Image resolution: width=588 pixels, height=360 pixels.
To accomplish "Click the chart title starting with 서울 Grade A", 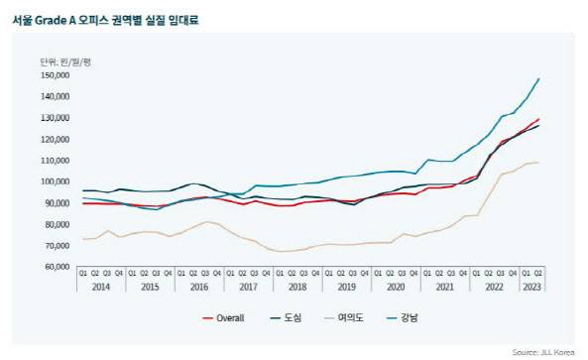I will (103, 18).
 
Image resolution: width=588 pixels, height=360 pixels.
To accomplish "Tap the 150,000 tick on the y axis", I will (58, 75).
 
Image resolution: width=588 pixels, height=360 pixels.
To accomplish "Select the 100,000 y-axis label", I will (58, 181).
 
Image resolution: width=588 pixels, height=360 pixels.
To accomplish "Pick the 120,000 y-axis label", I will (58, 139).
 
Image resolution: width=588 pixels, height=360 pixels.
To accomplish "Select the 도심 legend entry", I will (292, 318).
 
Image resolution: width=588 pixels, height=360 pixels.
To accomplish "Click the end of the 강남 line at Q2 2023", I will (539, 78).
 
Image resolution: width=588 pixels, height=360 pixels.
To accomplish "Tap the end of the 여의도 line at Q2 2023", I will (539, 163).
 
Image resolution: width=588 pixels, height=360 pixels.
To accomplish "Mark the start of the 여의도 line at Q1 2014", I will (84, 239).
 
